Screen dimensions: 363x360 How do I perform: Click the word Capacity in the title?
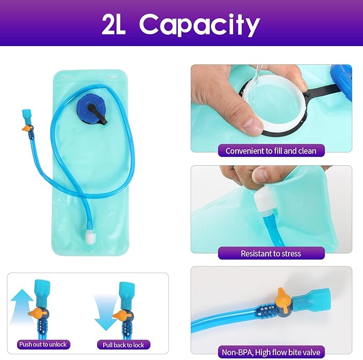click(x=199, y=25)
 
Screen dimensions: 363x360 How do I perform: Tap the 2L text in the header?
click(x=114, y=24)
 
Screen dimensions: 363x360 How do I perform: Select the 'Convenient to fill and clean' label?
click(x=271, y=151)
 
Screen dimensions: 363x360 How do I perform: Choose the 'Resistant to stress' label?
click(x=271, y=253)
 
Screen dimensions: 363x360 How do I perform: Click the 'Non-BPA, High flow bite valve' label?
click(x=271, y=353)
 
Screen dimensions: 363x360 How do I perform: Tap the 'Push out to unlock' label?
click(x=43, y=344)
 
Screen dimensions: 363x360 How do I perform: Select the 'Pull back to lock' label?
click(x=123, y=345)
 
